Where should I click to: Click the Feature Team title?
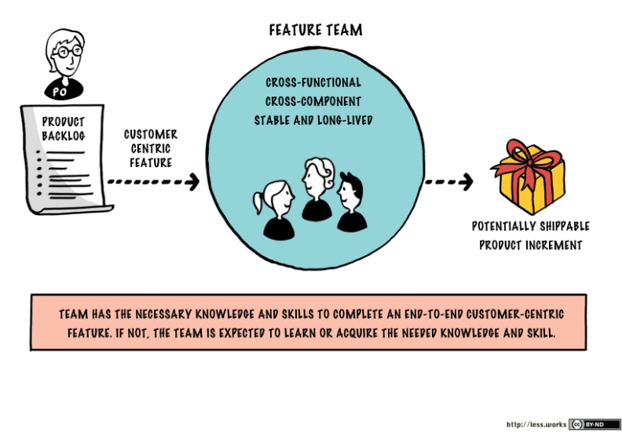pos(316,31)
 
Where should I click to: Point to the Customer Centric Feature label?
pos(151,148)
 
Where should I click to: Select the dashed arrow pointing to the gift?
pos(448,181)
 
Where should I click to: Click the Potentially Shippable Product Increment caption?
pos(531,235)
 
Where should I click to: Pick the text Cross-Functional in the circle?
pos(313,82)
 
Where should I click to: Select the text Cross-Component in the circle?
pos(313,101)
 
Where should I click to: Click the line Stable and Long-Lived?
pos(313,120)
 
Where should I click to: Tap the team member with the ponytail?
pos(276,208)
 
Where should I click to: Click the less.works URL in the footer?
pos(536,424)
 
